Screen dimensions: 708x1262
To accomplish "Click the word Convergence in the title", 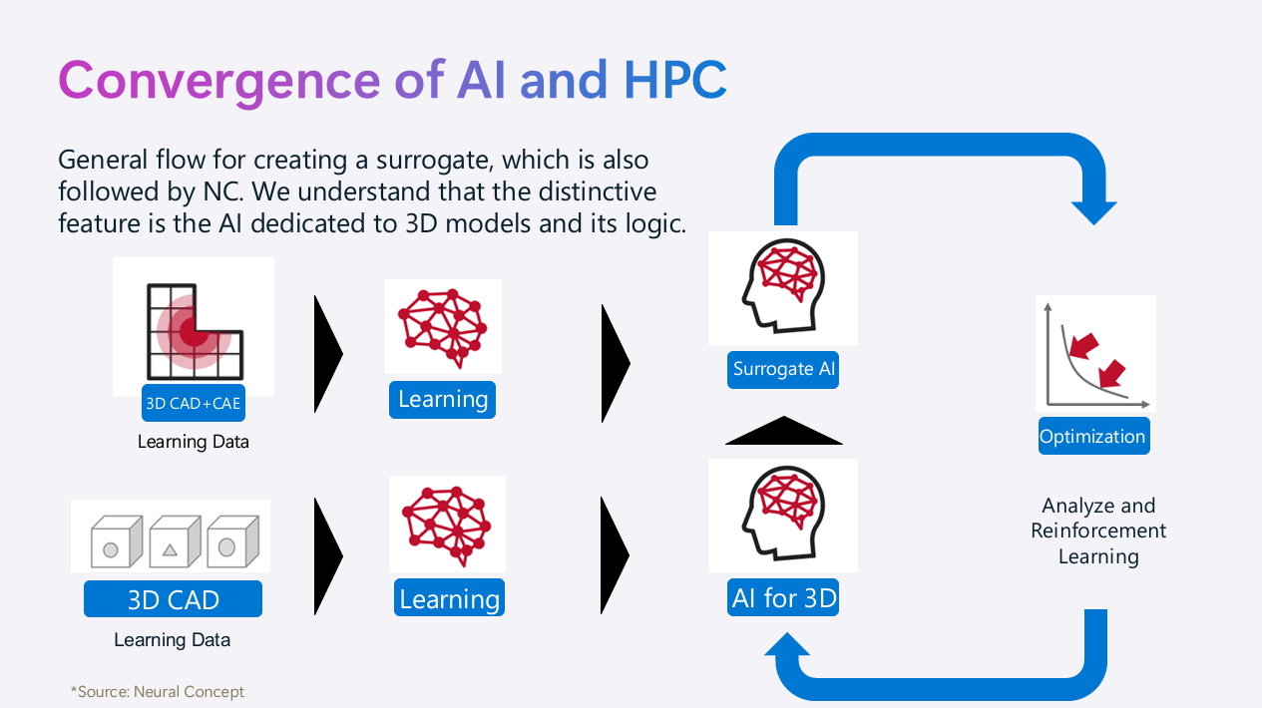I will [x=218, y=80].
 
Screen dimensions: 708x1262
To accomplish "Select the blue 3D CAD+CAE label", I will [x=194, y=404].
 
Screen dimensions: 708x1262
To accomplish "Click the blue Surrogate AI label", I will [x=784, y=369].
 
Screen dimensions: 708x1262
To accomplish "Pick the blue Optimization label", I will [x=1092, y=437].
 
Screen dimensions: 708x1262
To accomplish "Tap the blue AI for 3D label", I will [x=784, y=598].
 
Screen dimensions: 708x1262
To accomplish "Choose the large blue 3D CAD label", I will [x=173, y=600].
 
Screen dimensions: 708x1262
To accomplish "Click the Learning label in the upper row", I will [x=443, y=400].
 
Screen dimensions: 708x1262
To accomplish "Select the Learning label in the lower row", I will [x=449, y=599].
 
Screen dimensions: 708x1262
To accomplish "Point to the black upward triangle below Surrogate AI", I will [x=783, y=432].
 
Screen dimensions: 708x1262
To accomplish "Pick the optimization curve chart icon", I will [x=1094, y=353].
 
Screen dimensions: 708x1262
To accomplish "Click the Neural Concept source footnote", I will [x=158, y=691].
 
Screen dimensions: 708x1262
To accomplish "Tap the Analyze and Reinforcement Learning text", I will [x=1098, y=531].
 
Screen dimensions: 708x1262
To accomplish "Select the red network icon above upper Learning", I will [x=442, y=324].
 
